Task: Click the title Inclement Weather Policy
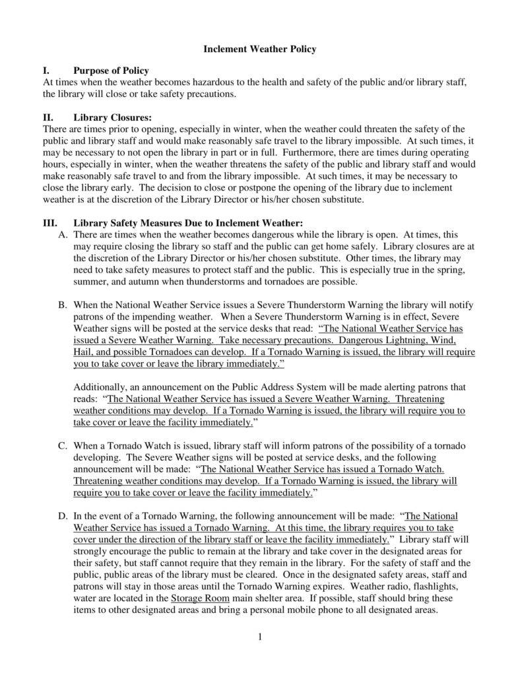point(259,49)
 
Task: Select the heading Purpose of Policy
point(111,71)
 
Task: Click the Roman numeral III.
point(50,223)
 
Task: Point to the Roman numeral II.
point(48,118)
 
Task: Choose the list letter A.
point(63,235)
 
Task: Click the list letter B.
point(63,305)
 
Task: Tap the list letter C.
point(63,446)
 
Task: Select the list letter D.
point(63,516)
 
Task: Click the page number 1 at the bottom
point(261,636)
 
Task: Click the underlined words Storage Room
point(200,598)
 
